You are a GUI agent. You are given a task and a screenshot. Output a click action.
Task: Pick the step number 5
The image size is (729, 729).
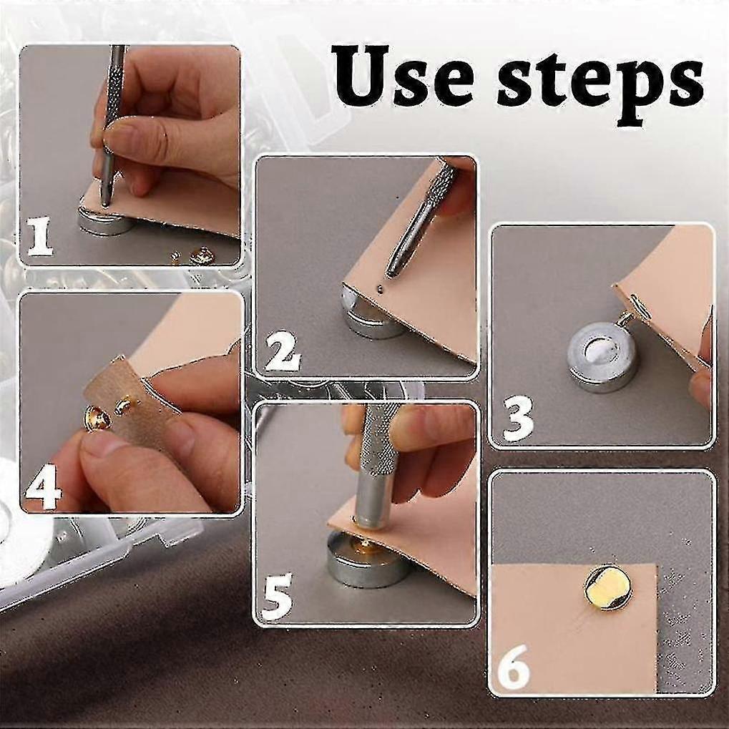click(x=277, y=595)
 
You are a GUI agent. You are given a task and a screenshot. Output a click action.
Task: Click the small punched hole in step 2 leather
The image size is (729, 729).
click(x=380, y=289)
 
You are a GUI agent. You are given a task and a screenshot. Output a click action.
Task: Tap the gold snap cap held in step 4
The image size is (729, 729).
click(x=97, y=419)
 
